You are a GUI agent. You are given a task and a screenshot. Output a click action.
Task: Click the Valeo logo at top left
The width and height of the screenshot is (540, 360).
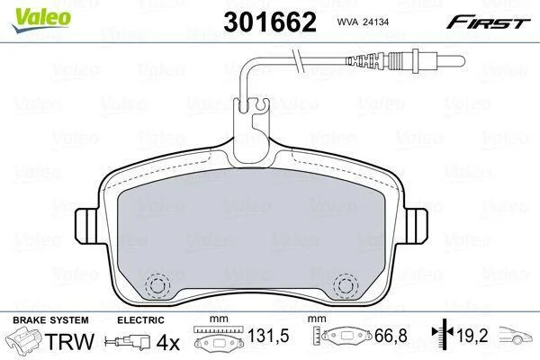41,20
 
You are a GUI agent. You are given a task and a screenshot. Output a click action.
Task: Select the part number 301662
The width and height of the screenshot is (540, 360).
270,22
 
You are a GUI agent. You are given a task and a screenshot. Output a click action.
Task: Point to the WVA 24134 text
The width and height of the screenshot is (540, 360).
363,22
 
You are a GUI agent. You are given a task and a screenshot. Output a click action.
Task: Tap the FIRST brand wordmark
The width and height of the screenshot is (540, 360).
488,22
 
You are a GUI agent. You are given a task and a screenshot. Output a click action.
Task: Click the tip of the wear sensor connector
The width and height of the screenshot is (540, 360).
463,62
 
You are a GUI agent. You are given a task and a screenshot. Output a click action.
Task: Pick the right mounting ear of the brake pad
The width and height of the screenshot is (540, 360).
417,226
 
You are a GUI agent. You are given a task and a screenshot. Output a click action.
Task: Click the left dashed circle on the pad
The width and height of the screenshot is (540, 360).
157,285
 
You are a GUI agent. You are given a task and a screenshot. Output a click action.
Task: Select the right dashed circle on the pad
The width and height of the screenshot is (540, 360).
346,285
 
